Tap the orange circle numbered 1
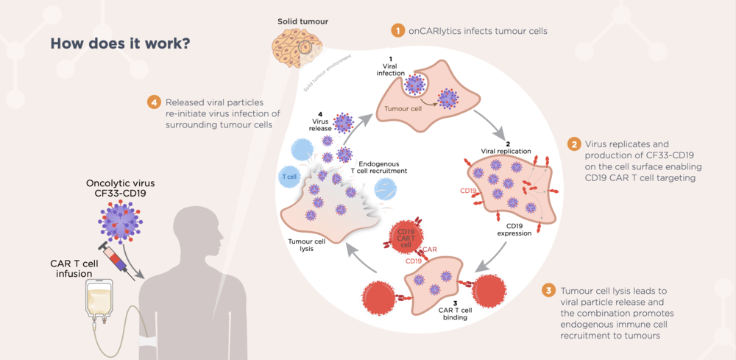[397, 32]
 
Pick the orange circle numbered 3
[548, 291]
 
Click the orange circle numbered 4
[154, 102]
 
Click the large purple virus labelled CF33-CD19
[121, 221]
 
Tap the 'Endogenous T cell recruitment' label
[381, 168]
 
